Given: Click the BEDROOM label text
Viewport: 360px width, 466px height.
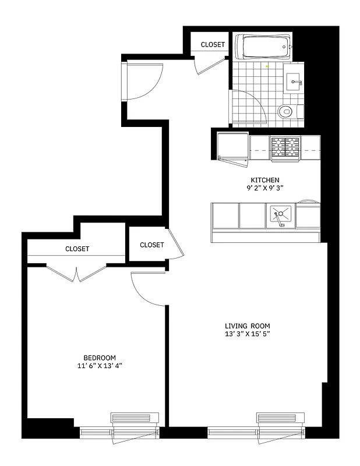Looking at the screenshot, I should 100,358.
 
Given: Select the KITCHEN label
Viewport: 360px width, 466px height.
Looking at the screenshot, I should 265,180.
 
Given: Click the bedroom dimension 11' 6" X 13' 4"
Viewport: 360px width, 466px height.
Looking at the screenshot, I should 100,366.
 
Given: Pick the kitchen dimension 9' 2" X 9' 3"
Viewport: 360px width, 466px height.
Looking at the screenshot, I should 265,188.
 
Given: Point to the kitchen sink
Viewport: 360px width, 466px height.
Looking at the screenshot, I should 281,216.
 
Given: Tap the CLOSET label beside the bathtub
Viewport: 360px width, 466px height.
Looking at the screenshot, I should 213,45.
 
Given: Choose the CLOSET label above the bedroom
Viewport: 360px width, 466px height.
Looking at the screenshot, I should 77,249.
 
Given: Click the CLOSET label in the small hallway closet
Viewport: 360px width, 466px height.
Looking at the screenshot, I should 151,245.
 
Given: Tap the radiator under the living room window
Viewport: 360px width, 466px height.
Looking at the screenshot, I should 281,418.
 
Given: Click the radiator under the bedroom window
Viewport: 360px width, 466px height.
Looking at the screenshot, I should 134,418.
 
